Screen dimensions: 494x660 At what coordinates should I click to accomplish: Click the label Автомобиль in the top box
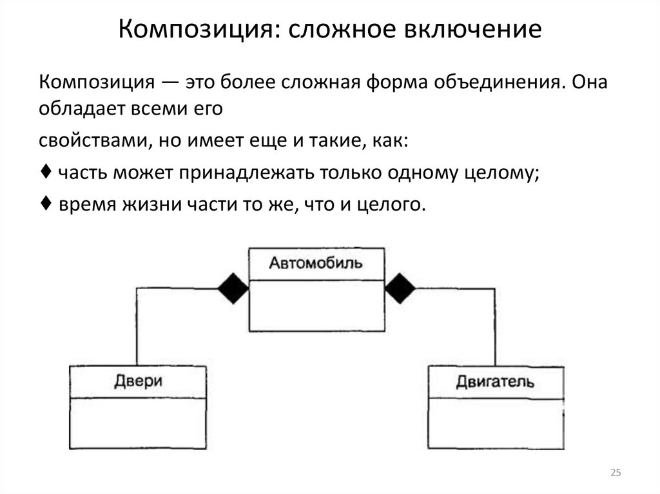pos(316,263)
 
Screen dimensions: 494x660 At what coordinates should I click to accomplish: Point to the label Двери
pos(138,381)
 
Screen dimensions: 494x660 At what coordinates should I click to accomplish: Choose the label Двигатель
pos(495,382)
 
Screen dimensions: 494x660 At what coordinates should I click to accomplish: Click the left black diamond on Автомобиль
pos(233,288)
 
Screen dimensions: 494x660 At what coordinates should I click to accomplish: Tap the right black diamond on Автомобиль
pos(400,288)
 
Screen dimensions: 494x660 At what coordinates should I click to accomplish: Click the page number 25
pos(615,473)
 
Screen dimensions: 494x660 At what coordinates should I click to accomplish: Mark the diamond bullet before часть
pos(43,173)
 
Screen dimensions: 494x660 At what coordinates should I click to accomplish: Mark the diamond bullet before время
pos(43,204)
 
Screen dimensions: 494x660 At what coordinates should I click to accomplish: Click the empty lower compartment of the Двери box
pos(138,422)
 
